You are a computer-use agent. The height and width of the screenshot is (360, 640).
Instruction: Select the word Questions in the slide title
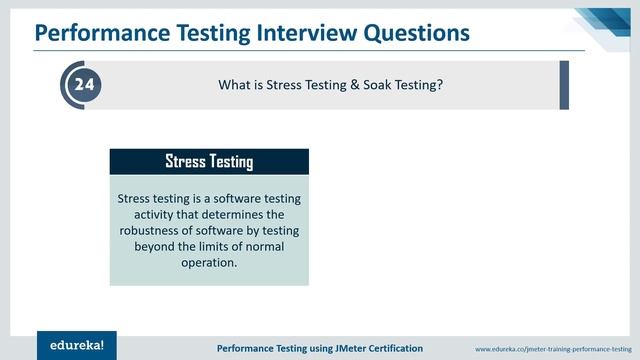(413, 33)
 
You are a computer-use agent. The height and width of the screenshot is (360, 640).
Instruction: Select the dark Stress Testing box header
(209, 161)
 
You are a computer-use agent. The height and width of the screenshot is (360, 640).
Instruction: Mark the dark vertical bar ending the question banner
(564, 85)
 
